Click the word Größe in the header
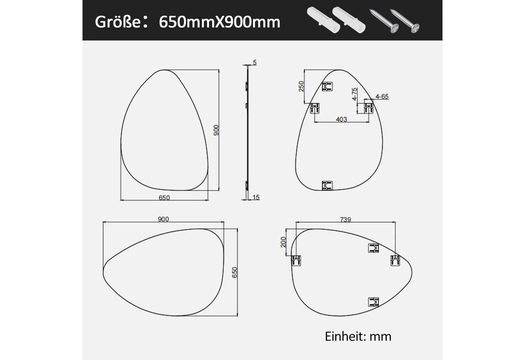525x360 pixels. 118,22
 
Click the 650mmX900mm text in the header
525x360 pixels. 220,22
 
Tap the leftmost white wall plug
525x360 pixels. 323,20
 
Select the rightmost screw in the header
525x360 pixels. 405,21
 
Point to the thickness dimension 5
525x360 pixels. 255,63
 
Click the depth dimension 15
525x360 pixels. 256,197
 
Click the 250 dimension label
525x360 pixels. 301,86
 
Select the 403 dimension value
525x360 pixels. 342,119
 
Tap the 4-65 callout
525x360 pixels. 382,96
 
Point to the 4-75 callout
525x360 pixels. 354,94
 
